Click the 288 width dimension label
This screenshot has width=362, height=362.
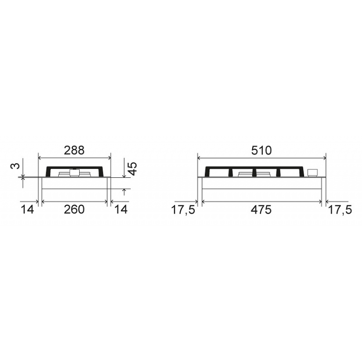coord(74,150)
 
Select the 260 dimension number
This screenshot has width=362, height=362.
coord(74,210)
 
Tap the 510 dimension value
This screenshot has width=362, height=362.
coord(262,151)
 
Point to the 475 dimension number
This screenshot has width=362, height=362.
coord(262,210)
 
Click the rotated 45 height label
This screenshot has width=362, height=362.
coord(133,169)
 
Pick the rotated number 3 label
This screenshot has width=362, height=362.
coord(15,166)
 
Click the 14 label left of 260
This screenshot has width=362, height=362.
coord(27,210)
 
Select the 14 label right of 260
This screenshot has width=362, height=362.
coord(121,210)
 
